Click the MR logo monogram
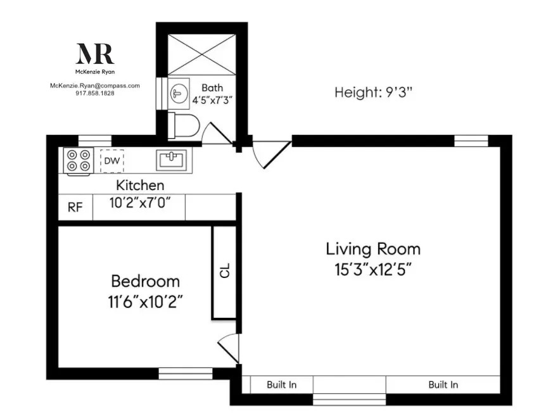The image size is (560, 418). click(95, 54)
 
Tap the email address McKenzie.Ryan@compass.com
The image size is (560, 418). click(95, 85)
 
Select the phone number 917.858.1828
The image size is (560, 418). click(95, 92)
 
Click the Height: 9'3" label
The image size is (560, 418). click(374, 92)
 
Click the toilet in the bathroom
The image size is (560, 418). click(184, 125)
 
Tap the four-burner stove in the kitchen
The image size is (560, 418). click(79, 160)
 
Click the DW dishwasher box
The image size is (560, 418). click(111, 160)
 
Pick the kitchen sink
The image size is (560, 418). click(172, 160)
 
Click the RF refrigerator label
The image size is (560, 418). click(75, 208)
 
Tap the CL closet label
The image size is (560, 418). click(224, 272)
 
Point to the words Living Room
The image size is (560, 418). click(373, 248)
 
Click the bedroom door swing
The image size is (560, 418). click(228, 348)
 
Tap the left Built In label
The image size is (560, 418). click(281, 384)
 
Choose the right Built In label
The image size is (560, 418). click(443, 384)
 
